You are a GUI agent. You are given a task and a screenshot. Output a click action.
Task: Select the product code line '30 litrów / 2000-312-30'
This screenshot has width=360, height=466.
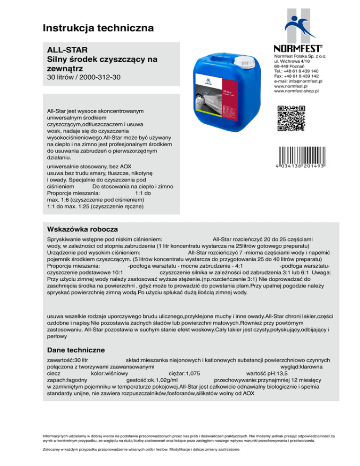84,75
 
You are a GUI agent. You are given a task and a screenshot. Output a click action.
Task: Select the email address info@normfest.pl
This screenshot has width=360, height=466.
295,81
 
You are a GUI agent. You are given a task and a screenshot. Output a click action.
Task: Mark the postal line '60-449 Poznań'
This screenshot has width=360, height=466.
288,66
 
